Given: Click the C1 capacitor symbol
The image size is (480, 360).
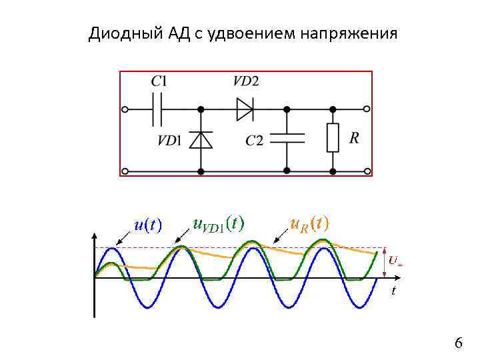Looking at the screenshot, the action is (x=157, y=109).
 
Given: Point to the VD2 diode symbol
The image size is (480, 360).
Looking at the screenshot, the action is (x=245, y=109).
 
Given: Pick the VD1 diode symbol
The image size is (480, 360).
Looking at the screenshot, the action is (x=201, y=139).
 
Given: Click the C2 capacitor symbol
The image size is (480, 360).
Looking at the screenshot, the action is (x=287, y=138).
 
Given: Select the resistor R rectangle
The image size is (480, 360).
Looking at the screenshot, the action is (x=332, y=138).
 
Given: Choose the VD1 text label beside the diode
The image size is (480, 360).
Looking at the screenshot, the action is (x=169, y=140).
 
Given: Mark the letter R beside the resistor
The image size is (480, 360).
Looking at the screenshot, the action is (x=354, y=138).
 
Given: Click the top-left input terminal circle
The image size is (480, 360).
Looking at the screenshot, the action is (x=124, y=109).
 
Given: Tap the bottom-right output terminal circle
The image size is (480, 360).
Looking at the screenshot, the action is (x=367, y=171).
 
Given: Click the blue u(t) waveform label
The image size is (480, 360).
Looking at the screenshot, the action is (x=148, y=225).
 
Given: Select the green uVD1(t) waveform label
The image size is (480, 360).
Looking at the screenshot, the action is (x=218, y=223).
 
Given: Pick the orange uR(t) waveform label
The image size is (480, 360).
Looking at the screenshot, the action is (x=309, y=223).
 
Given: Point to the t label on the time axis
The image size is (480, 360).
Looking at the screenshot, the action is (x=393, y=291).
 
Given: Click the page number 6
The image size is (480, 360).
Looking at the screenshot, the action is (x=458, y=343).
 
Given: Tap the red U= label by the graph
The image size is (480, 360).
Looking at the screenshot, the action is (x=395, y=261).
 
